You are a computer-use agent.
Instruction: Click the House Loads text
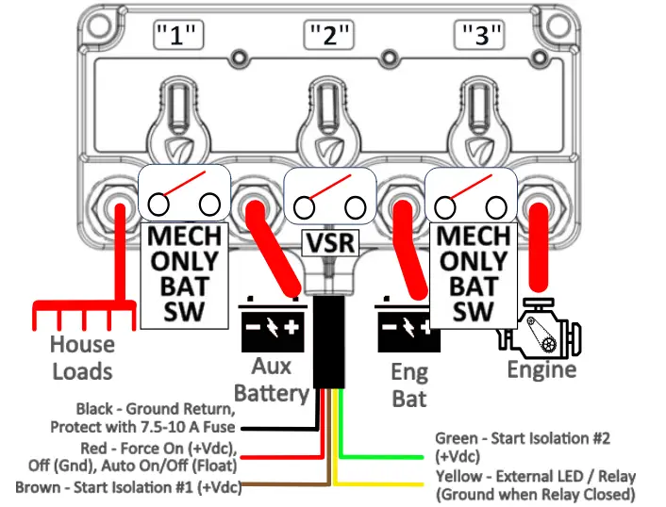(82, 358)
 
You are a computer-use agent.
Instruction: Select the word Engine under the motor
(541, 369)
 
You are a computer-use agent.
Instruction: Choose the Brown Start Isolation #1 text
(128, 488)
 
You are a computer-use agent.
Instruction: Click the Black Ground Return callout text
(155, 418)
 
